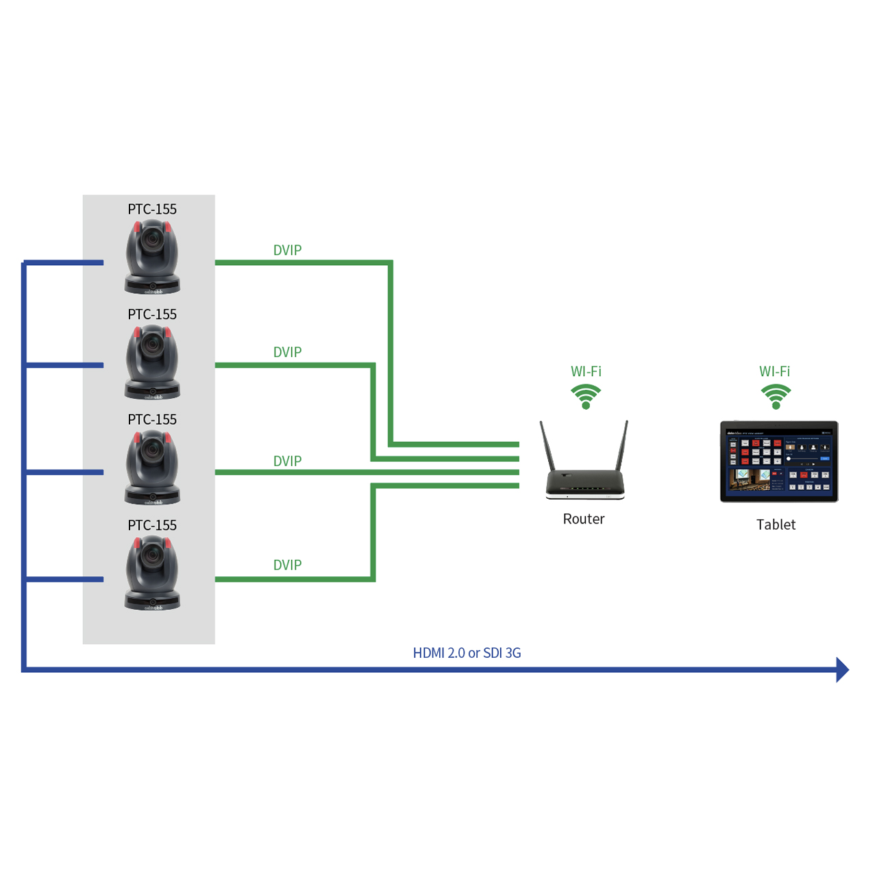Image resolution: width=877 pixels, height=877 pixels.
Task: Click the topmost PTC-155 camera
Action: (x=152, y=258)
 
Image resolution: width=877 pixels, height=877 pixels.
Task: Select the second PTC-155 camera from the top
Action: (x=152, y=362)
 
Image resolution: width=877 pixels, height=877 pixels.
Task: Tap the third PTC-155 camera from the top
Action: (x=152, y=468)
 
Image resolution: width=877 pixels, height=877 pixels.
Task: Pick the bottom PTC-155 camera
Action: (x=152, y=573)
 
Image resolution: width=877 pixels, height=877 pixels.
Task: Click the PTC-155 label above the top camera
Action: (x=152, y=209)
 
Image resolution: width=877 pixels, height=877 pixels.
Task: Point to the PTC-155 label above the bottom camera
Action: (x=152, y=525)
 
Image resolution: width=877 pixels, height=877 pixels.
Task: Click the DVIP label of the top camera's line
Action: (x=287, y=250)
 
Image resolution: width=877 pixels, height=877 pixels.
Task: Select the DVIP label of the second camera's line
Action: (x=287, y=352)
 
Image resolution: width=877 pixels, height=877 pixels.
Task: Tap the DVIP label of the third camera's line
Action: (x=287, y=461)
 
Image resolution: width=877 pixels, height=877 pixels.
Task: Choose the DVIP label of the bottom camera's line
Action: (x=287, y=565)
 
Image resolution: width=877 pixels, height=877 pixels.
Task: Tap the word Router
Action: (x=584, y=519)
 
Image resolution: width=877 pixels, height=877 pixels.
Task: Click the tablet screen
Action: (x=779, y=461)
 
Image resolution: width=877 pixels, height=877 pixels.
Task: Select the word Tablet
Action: (x=776, y=525)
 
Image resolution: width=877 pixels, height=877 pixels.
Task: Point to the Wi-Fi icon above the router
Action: (x=586, y=396)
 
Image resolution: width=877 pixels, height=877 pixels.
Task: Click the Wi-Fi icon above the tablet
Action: (x=776, y=396)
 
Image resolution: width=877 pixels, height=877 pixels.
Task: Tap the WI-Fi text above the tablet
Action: (x=774, y=371)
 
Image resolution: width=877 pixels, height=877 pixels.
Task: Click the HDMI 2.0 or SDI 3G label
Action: (x=467, y=653)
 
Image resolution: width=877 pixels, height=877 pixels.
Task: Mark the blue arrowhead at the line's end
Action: (x=843, y=669)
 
